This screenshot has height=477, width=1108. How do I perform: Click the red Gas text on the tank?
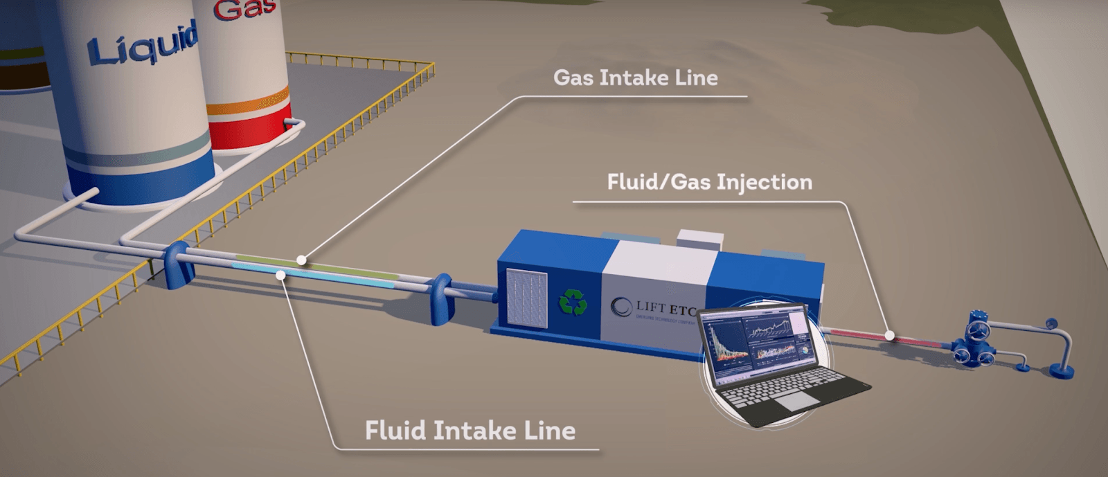click(244, 10)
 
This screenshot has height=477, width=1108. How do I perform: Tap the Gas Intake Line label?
click(635, 78)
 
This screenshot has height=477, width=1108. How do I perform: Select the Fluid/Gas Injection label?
click(709, 182)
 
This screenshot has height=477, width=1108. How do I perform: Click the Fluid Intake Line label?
click(470, 431)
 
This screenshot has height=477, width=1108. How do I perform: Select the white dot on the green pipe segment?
click(301, 260)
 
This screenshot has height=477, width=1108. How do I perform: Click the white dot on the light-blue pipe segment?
click(280, 275)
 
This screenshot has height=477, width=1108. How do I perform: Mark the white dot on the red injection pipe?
click(891, 336)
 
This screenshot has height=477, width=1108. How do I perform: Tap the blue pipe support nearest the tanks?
click(177, 264)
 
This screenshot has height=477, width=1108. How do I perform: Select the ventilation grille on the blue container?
click(526, 299)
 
